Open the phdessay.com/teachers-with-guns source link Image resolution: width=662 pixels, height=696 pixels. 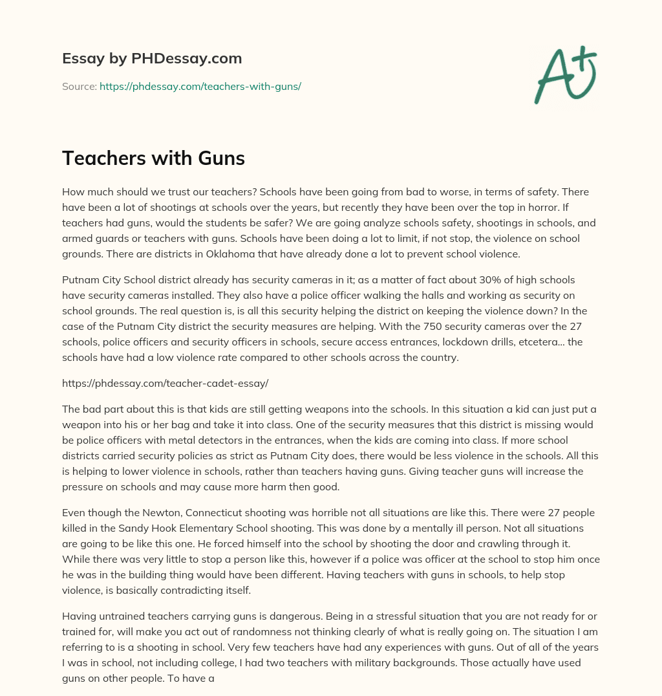[x=200, y=86]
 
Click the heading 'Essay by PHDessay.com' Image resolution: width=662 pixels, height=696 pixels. [x=152, y=59]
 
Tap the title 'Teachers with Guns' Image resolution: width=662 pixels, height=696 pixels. [x=153, y=158]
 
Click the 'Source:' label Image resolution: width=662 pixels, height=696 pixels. [x=79, y=86]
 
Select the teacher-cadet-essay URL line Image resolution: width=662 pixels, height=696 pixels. [x=165, y=383]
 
